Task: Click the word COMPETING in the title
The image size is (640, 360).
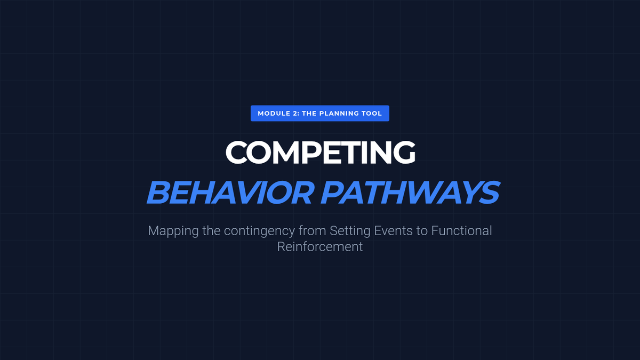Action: click(320, 153)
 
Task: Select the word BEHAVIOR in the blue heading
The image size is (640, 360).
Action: click(230, 193)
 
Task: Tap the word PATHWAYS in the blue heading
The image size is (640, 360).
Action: click(410, 193)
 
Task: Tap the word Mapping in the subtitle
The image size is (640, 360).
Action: click(173, 231)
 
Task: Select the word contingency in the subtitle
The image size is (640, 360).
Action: click(259, 231)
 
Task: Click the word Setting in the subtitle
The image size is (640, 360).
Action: click(350, 231)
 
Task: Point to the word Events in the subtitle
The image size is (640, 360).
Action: click(393, 230)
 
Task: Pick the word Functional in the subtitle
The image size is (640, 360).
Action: click(461, 230)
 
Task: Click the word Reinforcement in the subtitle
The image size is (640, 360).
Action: click(320, 246)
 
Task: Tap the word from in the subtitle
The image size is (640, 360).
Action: click(313, 230)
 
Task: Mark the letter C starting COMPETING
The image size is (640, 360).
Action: click(236, 153)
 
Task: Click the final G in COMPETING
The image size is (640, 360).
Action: click(404, 153)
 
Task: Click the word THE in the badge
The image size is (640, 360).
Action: click(309, 114)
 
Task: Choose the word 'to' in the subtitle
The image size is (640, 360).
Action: click(421, 231)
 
